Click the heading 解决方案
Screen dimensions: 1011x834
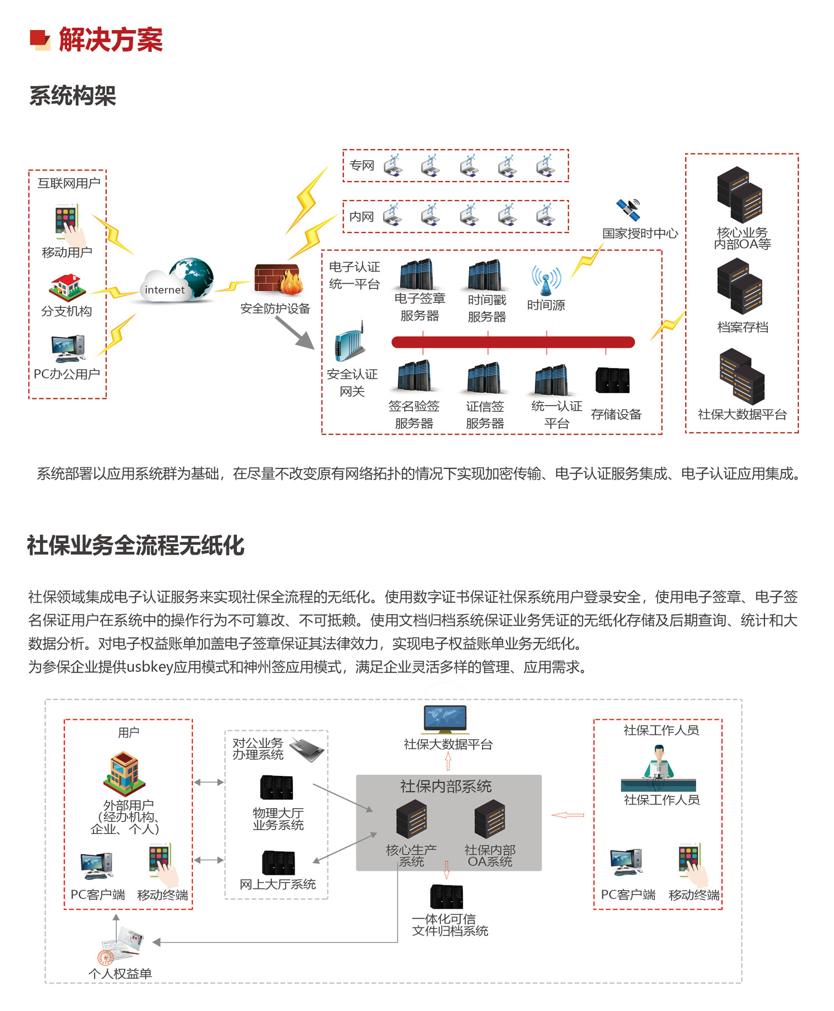(110, 40)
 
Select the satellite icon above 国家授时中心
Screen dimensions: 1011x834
(629, 209)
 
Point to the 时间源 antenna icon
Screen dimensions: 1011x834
(546, 280)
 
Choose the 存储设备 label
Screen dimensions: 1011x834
(616, 414)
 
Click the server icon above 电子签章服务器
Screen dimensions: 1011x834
(416, 274)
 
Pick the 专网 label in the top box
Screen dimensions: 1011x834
(362, 166)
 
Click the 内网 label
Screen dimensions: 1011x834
(362, 217)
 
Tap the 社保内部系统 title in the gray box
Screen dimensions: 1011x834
(446, 786)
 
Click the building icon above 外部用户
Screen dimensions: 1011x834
(125, 773)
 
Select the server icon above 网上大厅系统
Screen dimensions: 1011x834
(278, 863)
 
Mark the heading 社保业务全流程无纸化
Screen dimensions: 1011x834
(136, 545)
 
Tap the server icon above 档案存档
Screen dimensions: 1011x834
(739, 286)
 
